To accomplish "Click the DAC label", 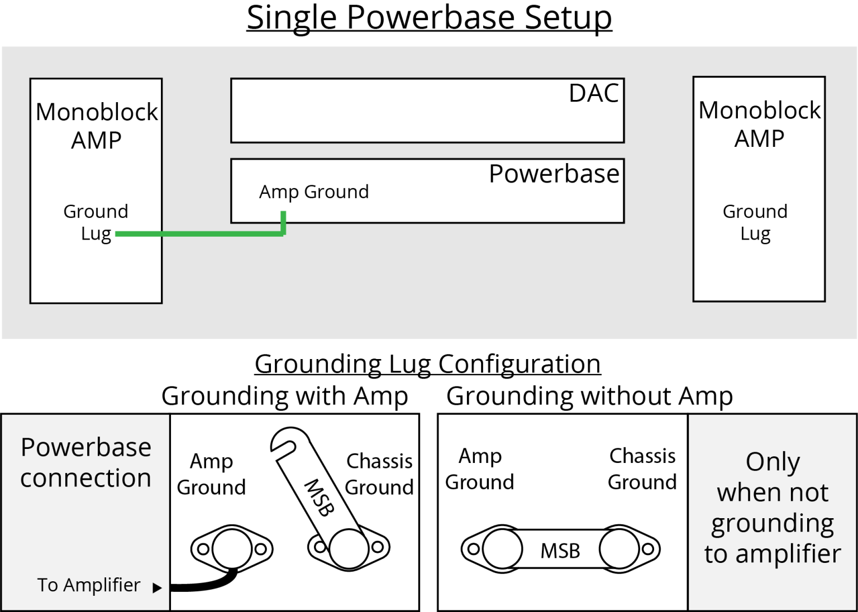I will click(x=593, y=93).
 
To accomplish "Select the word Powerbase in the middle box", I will click(x=554, y=174).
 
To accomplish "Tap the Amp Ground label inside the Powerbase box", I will click(x=313, y=192).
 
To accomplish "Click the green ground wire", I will click(x=201, y=234).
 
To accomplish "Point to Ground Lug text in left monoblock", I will click(x=96, y=222).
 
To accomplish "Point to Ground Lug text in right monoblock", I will click(x=755, y=222).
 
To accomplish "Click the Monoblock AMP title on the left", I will click(x=97, y=126).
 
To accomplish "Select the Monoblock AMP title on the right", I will click(x=759, y=124).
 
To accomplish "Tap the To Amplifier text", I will click(x=89, y=585).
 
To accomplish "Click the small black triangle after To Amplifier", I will click(x=158, y=587).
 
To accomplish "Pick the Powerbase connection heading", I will click(x=85, y=462).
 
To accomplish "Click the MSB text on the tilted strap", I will click(x=319, y=497).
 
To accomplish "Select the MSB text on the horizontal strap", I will click(x=560, y=551).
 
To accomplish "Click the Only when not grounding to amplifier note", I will click(x=773, y=508).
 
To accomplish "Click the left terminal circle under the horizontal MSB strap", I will click(x=502, y=549).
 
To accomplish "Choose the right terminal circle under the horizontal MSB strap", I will click(x=619, y=549).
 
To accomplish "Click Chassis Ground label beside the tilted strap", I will click(x=379, y=474).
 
